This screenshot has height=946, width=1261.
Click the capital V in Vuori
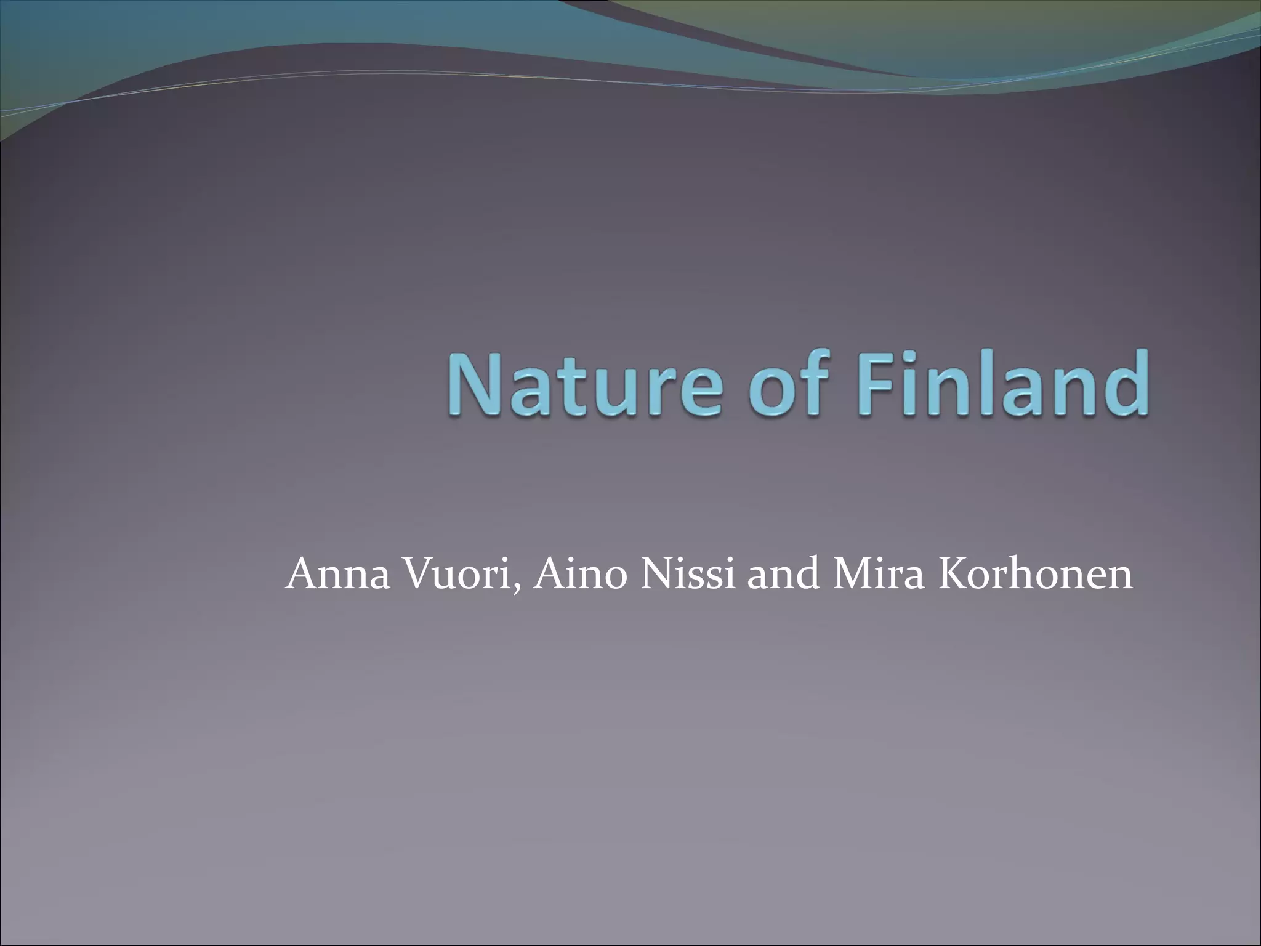419,574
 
